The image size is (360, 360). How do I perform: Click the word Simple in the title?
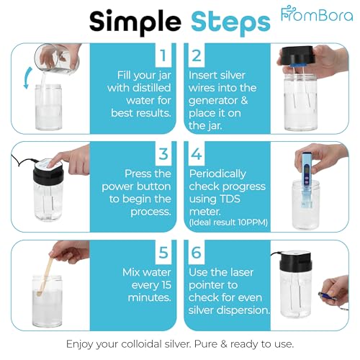pos(135,22)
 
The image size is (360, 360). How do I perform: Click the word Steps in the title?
pos(230,23)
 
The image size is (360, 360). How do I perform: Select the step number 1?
pos(163,55)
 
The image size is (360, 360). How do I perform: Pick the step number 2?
pos(197,55)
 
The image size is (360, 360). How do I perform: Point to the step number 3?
pos(163,154)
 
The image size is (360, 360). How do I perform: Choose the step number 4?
pos(197,154)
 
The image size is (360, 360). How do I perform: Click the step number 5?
pos(163,253)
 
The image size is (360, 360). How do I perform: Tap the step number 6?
pos(197,253)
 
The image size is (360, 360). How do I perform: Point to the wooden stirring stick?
pos(45,276)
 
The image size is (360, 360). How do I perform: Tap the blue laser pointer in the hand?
pos(327,295)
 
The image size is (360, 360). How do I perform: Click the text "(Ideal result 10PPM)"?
pos(228,222)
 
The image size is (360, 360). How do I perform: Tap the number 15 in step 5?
pos(166,285)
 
